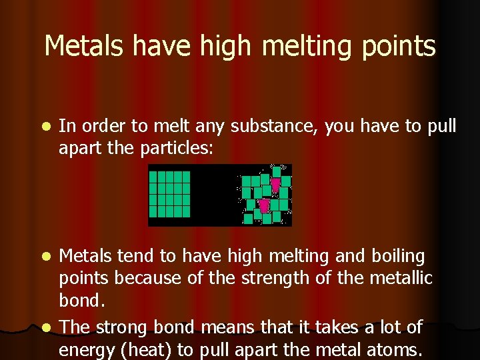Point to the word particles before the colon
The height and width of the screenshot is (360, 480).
coord(177,149)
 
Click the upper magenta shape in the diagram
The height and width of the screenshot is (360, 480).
coord(275,184)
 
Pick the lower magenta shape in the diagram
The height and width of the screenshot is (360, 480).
coord(264,205)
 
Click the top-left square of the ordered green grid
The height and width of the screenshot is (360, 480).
coord(153,177)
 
